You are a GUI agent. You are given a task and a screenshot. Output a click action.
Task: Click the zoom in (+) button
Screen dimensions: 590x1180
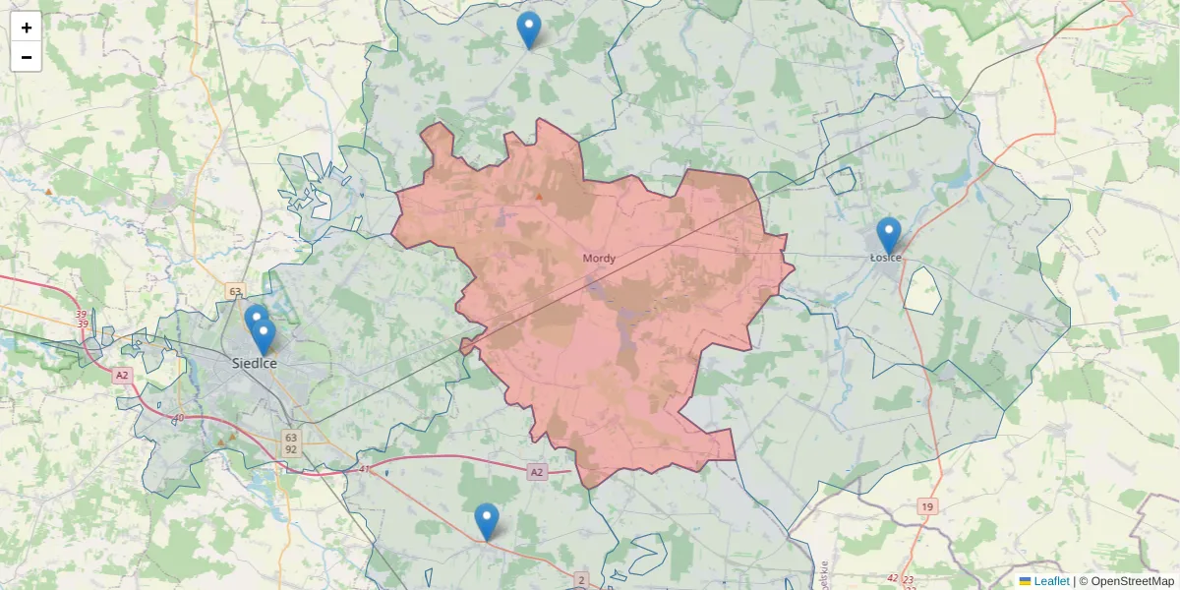[27, 28]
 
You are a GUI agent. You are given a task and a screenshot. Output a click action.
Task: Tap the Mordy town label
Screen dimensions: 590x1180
[599, 259]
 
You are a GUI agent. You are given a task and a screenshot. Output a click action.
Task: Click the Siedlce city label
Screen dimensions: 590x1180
[255, 363]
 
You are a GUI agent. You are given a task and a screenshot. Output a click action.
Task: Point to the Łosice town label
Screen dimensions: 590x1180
[886, 258]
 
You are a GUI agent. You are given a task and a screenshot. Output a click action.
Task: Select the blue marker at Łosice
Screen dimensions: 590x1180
[888, 235]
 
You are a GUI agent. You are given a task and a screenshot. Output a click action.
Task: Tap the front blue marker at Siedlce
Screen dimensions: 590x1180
[263, 336]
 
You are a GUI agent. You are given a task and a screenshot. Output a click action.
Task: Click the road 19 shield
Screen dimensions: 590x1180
[927, 506]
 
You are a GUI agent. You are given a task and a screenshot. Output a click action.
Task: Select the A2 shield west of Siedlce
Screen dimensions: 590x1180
[122, 375]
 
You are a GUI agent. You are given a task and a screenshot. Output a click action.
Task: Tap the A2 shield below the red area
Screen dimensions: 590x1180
[536, 472]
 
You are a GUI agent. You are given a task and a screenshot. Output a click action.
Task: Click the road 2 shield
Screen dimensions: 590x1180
[581, 580]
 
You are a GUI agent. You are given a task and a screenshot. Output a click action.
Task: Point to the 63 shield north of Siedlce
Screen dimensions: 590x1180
[234, 291]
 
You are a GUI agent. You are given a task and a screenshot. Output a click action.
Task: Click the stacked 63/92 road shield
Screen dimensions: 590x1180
[290, 442]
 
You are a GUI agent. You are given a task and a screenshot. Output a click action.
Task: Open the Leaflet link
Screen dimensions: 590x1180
[1050, 581]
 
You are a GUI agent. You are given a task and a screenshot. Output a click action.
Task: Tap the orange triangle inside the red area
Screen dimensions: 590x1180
[539, 197]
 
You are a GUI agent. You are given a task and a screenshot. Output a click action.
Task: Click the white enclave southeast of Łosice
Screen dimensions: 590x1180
[922, 289]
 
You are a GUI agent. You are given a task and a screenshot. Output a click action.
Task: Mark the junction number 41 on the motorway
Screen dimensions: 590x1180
[365, 468]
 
